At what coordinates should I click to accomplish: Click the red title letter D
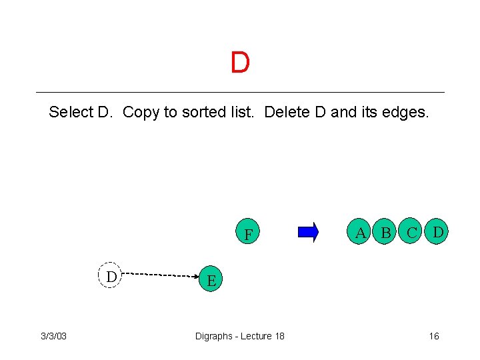pyautogui.click(x=240, y=63)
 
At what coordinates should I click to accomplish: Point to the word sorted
pyautogui.click(x=203, y=112)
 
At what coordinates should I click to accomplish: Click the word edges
pyautogui.click(x=406, y=112)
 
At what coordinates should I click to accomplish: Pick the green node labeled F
pyautogui.click(x=248, y=234)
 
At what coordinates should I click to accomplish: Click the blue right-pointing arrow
pyautogui.click(x=308, y=232)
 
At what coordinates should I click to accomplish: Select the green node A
pyautogui.click(x=361, y=232)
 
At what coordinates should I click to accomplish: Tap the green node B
pyautogui.click(x=385, y=233)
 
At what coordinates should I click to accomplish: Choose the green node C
pyautogui.click(x=412, y=233)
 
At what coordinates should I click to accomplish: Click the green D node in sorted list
pyautogui.click(x=438, y=232)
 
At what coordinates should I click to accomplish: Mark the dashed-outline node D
pyautogui.click(x=111, y=275)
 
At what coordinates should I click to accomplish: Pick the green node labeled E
pyautogui.click(x=211, y=280)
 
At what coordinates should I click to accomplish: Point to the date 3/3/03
pyautogui.click(x=54, y=335)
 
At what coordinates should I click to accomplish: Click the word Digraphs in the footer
pyautogui.click(x=214, y=335)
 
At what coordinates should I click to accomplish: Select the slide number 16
pyautogui.click(x=433, y=335)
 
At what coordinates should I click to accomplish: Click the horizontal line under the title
pyautogui.click(x=240, y=92)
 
